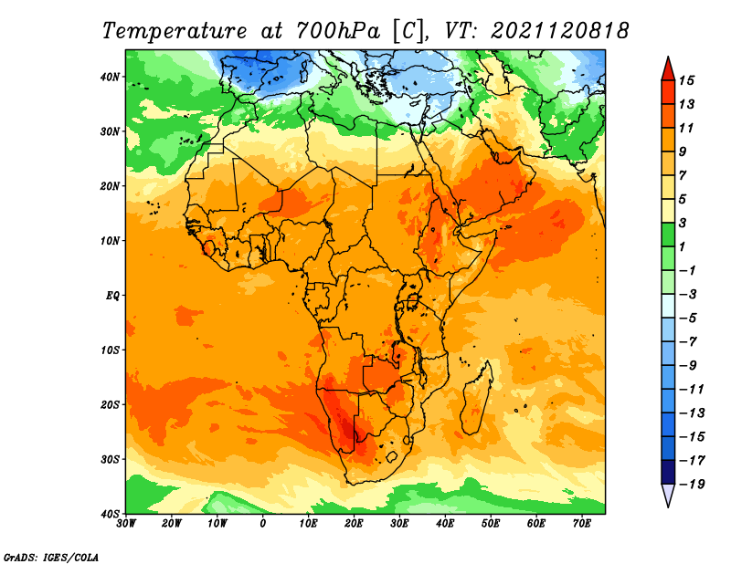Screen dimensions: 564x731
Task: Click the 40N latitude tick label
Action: pos(111,77)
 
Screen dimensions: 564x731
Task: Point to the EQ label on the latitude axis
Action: pos(113,296)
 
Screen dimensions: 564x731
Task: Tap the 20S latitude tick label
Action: pos(111,404)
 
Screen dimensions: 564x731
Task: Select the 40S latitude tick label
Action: pos(111,514)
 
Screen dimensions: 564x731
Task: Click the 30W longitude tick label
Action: pos(126,524)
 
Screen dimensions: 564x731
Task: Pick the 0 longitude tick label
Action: pos(263,524)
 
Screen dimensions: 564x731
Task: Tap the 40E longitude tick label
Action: pos(445,524)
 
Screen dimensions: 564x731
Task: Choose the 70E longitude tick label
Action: pos(582,524)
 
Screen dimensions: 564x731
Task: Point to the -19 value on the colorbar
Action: pos(692,484)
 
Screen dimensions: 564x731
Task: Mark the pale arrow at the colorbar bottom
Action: pos(668,496)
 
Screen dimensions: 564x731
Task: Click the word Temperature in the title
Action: pos(173,31)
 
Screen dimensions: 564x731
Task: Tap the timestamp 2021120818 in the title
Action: pos(559,31)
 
